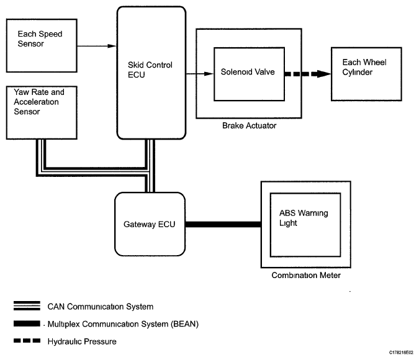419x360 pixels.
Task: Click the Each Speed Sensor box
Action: coord(42,45)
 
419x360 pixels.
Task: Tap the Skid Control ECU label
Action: coord(151,70)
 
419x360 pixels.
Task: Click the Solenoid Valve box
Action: coord(247,74)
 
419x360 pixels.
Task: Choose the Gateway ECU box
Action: coord(150,224)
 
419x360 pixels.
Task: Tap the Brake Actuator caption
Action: coord(249,126)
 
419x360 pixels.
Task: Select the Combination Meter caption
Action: coord(306,276)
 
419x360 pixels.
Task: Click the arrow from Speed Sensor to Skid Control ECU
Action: coord(96,45)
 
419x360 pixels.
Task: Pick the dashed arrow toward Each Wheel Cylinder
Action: coord(307,73)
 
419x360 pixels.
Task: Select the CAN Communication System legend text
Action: coord(100,307)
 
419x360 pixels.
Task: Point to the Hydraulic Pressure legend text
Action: coord(82,341)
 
